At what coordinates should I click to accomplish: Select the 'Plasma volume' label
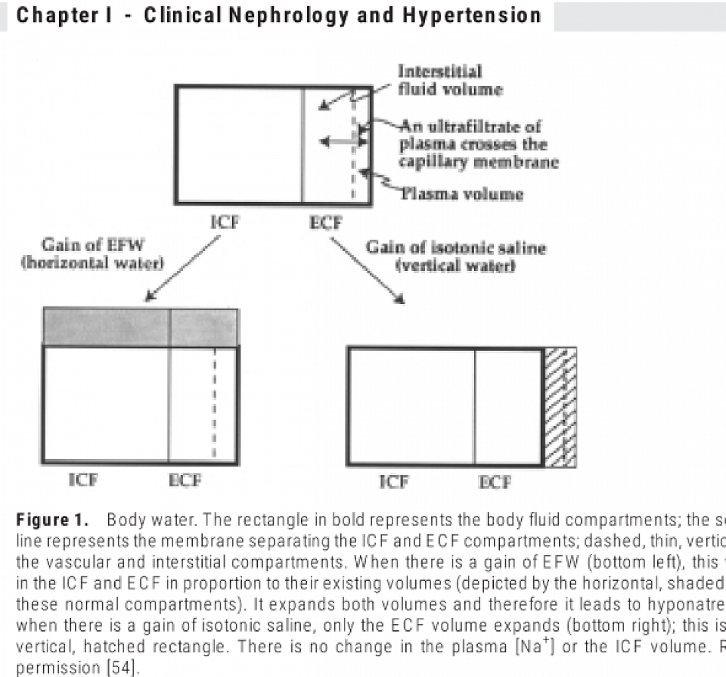pyautogui.click(x=461, y=194)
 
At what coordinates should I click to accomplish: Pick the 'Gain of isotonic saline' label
pyautogui.click(x=455, y=257)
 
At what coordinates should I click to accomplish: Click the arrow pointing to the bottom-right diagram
pyautogui.click(x=366, y=270)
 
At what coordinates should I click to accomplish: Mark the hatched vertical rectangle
pyautogui.click(x=560, y=407)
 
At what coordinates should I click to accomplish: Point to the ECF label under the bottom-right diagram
pyautogui.click(x=494, y=482)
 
